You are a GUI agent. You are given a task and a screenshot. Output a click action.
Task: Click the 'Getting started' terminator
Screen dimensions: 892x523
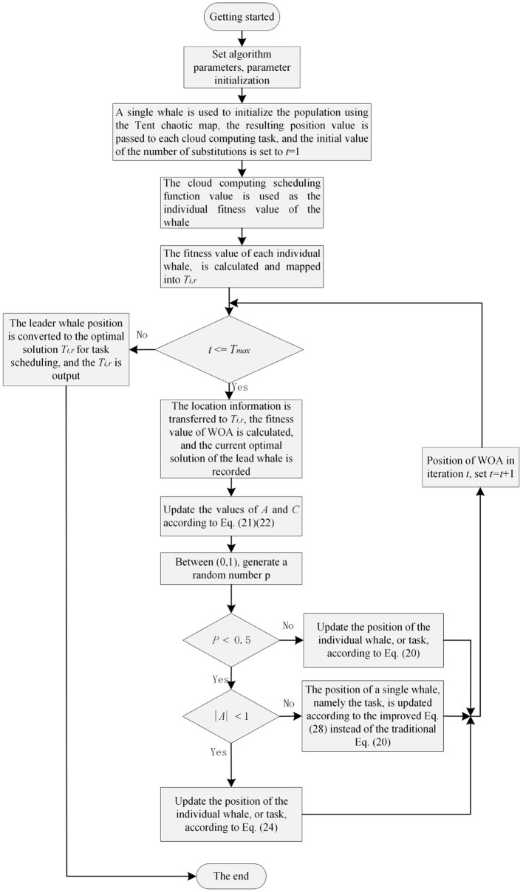(231, 16)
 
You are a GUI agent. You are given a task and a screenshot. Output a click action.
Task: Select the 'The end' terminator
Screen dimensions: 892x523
(231, 876)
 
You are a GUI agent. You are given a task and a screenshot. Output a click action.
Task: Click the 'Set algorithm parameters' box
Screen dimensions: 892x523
(231, 64)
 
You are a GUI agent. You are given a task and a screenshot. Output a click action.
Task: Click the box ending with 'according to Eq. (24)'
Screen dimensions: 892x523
(231, 814)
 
